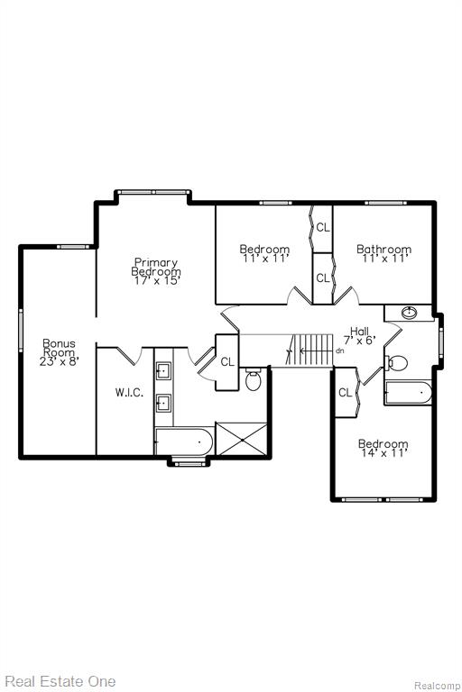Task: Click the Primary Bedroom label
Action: coord(156,271)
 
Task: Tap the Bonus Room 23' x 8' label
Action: coord(59,352)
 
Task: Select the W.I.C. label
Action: coord(129,392)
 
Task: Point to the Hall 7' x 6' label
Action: coord(359,335)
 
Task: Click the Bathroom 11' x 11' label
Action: coord(383,254)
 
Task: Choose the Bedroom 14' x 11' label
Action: coord(383,448)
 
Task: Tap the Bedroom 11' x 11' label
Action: coord(264,254)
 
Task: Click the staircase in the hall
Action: coord(310,350)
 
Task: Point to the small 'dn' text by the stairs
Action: coord(339,351)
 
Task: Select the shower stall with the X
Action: coord(242,439)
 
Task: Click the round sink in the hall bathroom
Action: coord(410,313)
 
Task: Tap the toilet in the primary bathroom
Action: coord(254,379)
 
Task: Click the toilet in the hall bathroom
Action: coord(396,363)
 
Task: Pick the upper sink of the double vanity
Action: coord(163,370)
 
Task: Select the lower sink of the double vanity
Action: coord(163,403)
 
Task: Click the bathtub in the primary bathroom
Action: coord(183,441)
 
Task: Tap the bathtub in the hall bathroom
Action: coord(408,393)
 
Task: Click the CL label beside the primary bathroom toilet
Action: coord(227,362)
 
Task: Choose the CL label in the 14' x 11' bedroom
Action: coord(346,392)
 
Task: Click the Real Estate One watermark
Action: coord(60,681)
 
